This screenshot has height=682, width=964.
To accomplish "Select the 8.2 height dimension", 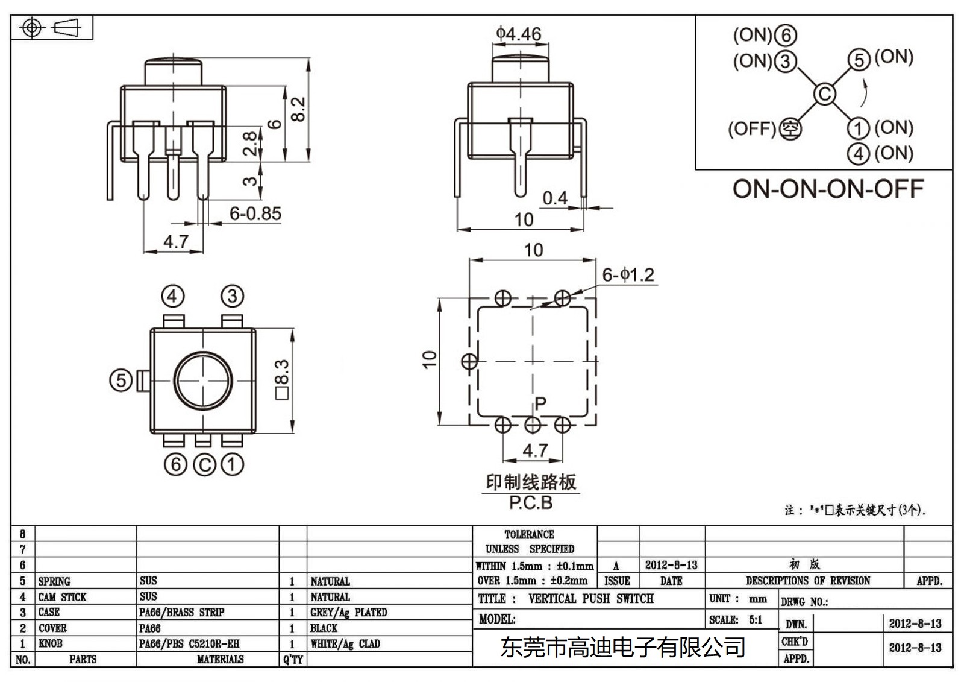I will click(x=299, y=110).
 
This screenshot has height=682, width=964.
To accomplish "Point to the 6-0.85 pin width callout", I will click(x=255, y=213).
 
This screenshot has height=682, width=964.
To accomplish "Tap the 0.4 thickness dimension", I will click(x=554, y=198).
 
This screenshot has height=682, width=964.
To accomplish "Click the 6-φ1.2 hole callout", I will click(x=628, y=275).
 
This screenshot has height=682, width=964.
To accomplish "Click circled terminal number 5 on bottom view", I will click(x=120, y=380).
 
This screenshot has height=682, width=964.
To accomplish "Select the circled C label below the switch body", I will click(x=204, y=464).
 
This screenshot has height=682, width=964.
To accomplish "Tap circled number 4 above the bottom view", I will click(x=173, y=296).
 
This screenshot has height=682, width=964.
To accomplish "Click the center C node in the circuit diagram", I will click(x=824, y=94).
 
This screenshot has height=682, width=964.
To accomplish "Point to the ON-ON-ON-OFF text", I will click(x=828, y=189).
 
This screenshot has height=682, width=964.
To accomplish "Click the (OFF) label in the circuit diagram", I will click(x=751, y=128).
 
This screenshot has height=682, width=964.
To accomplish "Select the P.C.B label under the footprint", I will click(x=530, y=502).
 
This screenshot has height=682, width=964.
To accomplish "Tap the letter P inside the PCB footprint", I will click(x=540, y=403).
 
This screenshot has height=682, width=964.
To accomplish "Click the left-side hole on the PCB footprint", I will click(x=469, y=362).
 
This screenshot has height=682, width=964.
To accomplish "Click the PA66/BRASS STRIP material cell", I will click(x=181, y=612).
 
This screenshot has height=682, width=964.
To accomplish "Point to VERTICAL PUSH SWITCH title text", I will click(x=590, y=599).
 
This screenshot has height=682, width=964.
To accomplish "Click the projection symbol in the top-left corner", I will click(x=52, y=28).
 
